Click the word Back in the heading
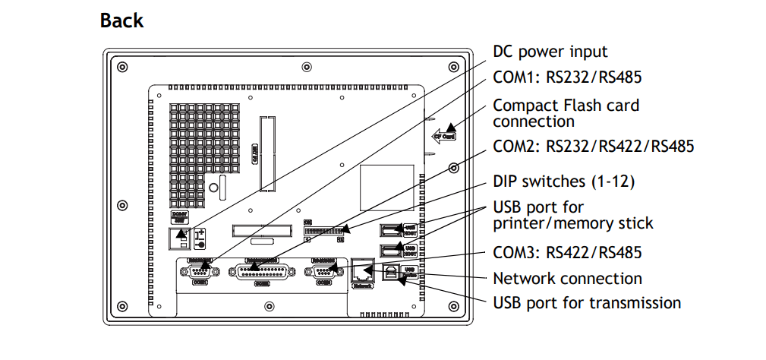click(x=121, y=21)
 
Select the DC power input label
click(x=550, y=52)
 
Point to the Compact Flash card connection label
click(x=566, y=112)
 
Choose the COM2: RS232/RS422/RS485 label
click(x=593, y=146)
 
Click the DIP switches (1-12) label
click(x=563, y=182)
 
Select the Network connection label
click(x=567, y=278)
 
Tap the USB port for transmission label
click(x=586, y=302)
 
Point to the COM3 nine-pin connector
click(x=323, y=272)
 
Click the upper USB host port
click(x=391, y=229)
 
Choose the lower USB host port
click(x=391, y=250)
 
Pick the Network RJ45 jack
click(x=361, y=270)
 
